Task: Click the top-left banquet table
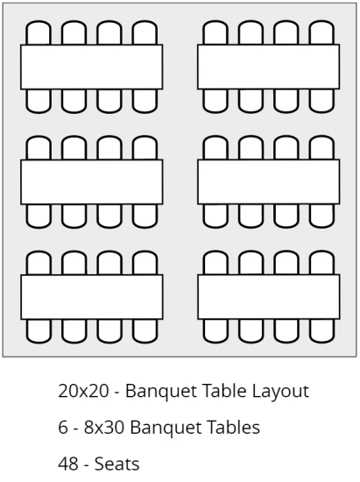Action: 92,67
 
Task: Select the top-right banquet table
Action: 268,67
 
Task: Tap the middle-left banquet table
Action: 92,182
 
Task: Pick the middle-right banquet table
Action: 268,181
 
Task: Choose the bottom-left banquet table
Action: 92,297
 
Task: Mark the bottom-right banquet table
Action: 268,296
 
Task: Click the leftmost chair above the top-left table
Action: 39,32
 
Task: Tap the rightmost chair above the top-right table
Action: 321,32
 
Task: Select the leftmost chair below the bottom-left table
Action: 39,331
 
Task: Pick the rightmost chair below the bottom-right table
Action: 321,330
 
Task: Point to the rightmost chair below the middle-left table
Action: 145,216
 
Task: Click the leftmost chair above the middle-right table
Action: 215,147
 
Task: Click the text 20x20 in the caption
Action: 83,391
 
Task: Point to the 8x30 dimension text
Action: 104,428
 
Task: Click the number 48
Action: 68,464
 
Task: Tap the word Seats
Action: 116,464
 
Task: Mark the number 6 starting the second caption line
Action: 63,428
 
